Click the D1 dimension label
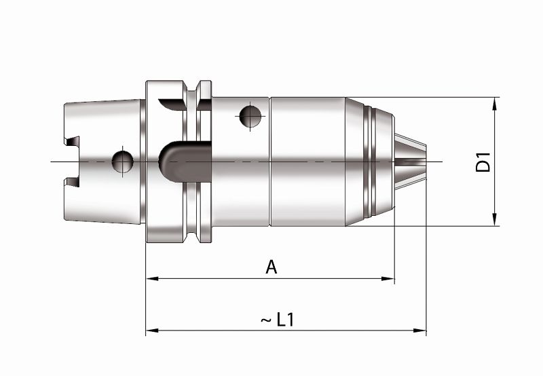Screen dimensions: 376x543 pos(483,162)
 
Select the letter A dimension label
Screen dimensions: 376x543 pos(271,267)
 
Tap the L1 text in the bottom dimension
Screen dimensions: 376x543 pos(286,320)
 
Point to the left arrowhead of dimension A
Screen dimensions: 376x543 pos(151,278)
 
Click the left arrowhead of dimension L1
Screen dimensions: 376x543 pos(151,331)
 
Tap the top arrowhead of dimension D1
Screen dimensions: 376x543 pos(495,102)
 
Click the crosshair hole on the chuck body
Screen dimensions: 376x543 pos(250,117)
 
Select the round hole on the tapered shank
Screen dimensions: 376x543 pos(123,162)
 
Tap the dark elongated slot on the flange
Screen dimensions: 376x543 pos(183,162)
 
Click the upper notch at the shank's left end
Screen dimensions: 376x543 pos(73,142)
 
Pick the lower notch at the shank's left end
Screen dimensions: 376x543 pos(73,181)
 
